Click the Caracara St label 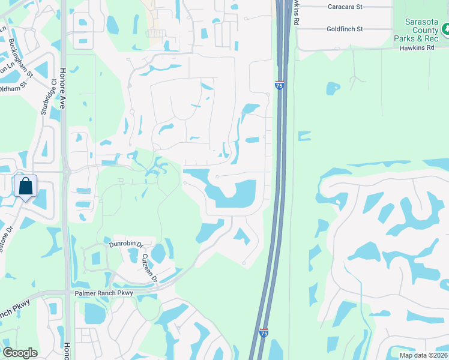[345, 7]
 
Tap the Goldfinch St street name [345, 29]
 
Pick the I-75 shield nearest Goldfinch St [280, 85]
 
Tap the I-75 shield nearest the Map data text [264, 332]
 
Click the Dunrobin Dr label [125, 245]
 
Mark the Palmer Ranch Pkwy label [103, 293]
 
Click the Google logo [20, 353]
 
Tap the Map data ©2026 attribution [423, 355]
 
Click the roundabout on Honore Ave [67, 172]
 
